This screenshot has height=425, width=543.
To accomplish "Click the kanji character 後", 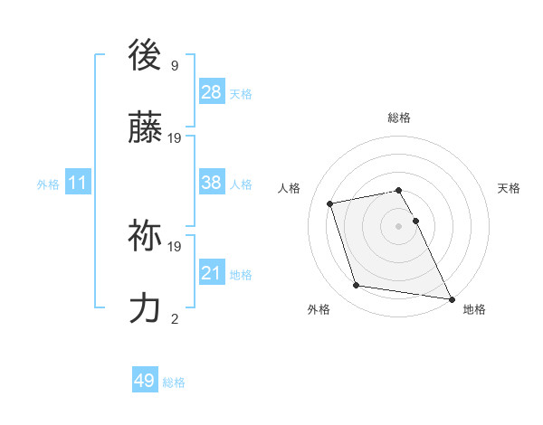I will click(x=146, y=56).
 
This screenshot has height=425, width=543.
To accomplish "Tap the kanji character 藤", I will click(x=146, y=132).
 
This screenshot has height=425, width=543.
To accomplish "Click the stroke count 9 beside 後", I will click(x=175, y=66).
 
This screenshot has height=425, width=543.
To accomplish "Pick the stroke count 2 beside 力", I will click(x=175, y=318).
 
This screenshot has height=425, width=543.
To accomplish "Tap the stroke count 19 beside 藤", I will click(x=175, y=138).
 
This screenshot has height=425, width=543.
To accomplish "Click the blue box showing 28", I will click(x=212, y=92).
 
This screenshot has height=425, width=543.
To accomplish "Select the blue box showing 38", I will click(x=212, y=183).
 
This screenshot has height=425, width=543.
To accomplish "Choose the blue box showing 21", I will click(x=212, y=273).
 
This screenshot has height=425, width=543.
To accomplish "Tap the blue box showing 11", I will click(x=78, y=183).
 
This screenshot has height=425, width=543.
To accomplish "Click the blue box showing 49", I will click(x=145, y=381).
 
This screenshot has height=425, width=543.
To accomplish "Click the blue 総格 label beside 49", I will click(x=174, y=382).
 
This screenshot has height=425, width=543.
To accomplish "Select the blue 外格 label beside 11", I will click(x=48, y=184).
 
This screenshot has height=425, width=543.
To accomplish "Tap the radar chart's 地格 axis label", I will click(x=474, y=309).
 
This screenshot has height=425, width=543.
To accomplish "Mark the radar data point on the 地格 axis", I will click(x=450, y=298).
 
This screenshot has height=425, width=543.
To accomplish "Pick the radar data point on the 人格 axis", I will click(x=330, y=203).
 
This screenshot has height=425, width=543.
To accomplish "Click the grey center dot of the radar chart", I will click(x=398, y=226).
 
